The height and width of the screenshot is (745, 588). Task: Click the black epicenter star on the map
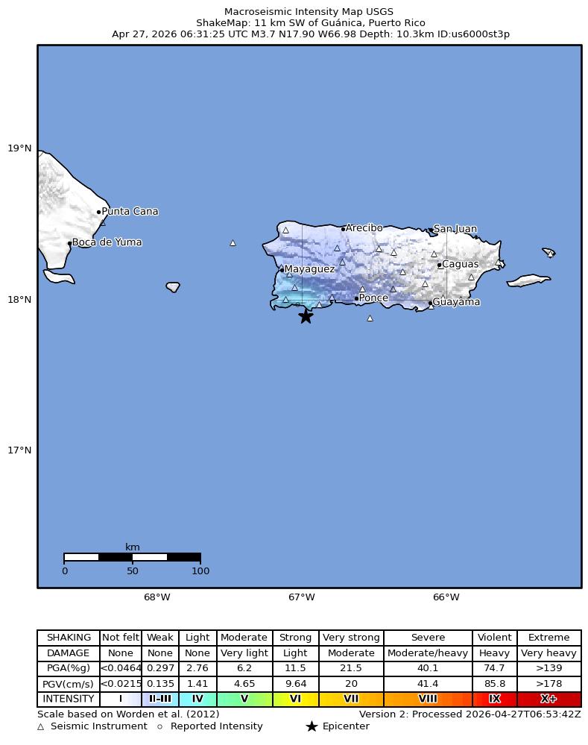306,316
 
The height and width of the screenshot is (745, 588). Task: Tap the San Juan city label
455,229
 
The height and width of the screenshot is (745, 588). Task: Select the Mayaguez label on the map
309,269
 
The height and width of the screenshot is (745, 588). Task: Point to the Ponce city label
373,298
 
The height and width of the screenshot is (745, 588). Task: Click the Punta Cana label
130,212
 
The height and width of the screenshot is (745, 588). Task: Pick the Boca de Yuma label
107,242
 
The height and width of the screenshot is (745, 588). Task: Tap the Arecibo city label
364,228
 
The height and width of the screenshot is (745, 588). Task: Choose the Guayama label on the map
456,302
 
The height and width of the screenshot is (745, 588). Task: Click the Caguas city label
461,264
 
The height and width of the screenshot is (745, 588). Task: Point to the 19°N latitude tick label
19,148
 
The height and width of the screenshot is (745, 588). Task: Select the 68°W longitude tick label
157,597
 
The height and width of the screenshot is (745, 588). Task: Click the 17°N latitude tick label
19,450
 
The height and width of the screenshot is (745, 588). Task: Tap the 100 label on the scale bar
200,572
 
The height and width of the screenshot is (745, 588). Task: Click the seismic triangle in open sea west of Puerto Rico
233,242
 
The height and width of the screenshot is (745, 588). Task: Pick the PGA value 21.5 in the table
351,668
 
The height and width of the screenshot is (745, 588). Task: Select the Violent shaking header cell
494,638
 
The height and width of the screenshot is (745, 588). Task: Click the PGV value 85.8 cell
494,684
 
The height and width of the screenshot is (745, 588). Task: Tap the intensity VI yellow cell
296,700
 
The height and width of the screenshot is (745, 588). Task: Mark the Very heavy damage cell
549,653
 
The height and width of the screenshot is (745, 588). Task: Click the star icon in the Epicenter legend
312,726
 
